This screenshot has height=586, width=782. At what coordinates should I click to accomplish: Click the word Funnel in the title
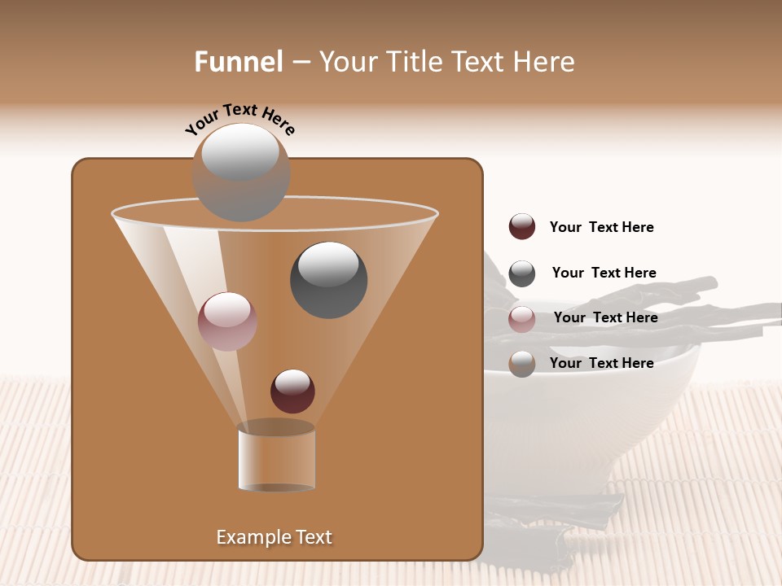tap(239, 62)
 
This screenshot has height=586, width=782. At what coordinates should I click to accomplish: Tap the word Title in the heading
tap(411, 62)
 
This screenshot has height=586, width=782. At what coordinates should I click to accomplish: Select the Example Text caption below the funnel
tap(275, 537)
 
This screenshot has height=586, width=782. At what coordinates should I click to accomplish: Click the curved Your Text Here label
tap(239, 119)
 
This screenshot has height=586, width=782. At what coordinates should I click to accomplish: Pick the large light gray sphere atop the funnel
tap(240, 172)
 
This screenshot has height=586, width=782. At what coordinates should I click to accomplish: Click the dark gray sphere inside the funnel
tap(328, 280)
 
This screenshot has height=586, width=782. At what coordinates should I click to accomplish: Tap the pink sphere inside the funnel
tap(227, 321)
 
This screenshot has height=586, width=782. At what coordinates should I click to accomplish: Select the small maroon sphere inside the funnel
tap(292, 391)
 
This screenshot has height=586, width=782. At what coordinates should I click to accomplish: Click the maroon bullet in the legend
tap(522, 227)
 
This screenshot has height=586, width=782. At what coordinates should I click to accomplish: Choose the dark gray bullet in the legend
tap(522, 273)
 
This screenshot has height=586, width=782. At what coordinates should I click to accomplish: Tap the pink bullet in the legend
tap(522, 319)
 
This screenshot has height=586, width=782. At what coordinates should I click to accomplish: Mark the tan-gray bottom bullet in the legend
tap(522, 364)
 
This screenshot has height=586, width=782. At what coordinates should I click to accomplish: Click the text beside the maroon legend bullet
tap(601, 227)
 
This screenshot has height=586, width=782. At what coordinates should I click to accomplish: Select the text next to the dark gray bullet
tap(604, 273)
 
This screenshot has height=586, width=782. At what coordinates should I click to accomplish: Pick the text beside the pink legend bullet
tap(605, 317)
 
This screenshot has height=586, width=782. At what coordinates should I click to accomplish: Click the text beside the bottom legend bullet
tap(601, 363)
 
